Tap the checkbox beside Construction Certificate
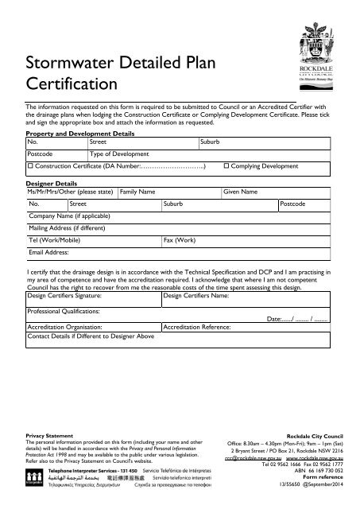[30, 167]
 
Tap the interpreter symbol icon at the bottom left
[34, 477]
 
